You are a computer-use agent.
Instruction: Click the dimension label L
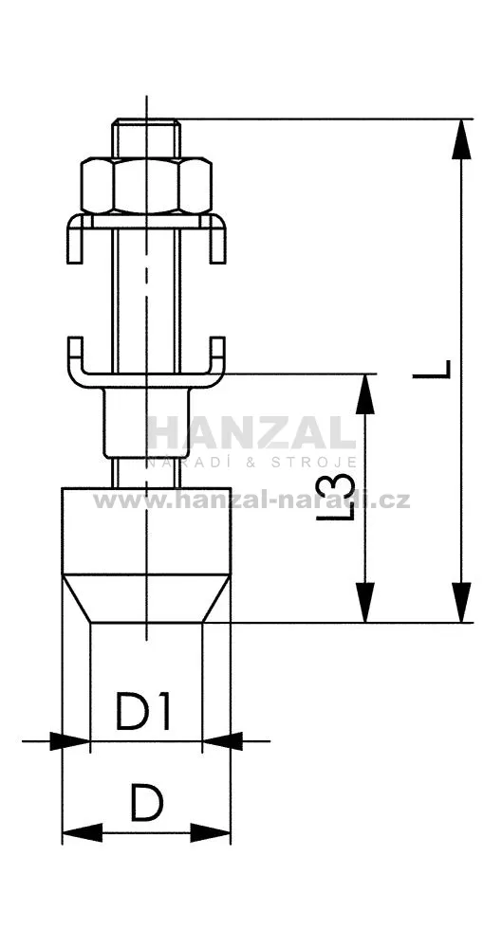(432, 369)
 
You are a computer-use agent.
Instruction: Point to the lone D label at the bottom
(146, 803)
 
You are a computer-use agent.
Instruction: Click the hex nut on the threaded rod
(146, 186)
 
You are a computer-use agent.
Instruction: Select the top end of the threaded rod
(146, 120)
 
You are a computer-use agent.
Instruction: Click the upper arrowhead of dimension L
(461, 139)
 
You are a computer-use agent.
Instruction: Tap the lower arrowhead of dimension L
(461, 602)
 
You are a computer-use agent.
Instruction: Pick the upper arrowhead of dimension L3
(364, 393)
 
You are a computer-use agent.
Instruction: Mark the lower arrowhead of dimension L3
(364, 602)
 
